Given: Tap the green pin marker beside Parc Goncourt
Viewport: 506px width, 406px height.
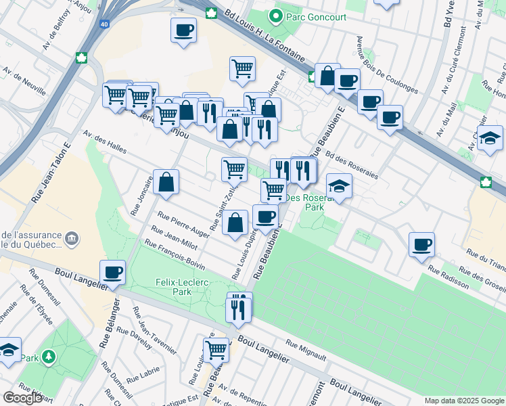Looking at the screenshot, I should (x=276, y=15).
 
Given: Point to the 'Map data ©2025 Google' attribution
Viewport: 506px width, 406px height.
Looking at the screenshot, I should (x=463, y=401).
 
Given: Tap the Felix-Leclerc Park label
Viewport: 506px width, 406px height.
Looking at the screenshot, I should (x=172, y=286).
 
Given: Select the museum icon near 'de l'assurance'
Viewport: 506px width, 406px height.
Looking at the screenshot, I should (x=71, y=238).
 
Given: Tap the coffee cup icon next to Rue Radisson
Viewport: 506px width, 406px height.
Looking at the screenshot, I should (x=421, y=244).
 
